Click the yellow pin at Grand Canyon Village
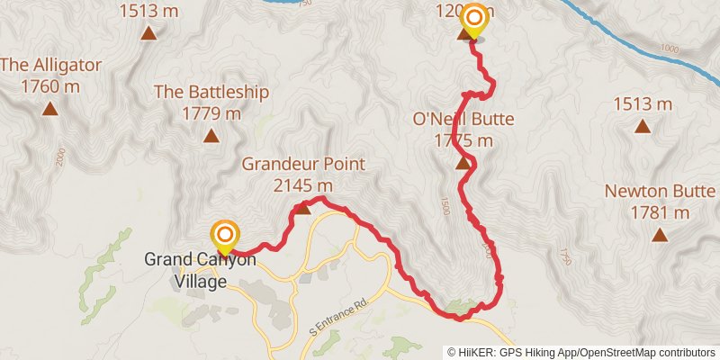[224, 238]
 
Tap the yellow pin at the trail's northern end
[473, 21]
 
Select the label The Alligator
[50, 66]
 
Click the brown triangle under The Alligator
[50, 110]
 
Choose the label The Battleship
[211, 91]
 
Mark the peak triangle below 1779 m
[211, 136]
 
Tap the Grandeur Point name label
[303, 164]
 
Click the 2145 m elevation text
[303, 185]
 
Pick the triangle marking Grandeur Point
[303, 208]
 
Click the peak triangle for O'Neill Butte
[463, 163]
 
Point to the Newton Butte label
[660, 191]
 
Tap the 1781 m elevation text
[660, 213]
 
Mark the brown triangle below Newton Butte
[660, 236]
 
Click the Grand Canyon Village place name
[200, 269]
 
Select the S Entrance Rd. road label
[337, 316]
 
